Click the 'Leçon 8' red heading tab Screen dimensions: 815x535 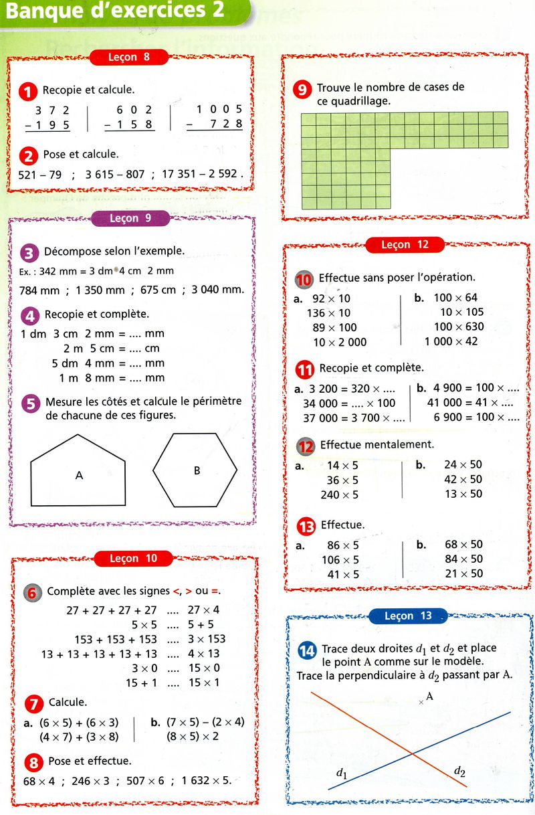[x=128, y=58]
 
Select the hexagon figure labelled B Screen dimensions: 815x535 [x=195, y=470]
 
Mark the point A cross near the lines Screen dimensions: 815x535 [x=421, y=702]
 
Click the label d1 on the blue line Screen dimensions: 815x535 [x=342, y=774]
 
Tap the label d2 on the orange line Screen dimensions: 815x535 [x=459, y=771]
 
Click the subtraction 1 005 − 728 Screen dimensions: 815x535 [x=215, y=117]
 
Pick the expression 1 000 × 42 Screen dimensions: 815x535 [x=451, y=341]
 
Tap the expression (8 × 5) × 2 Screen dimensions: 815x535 [x=198, y=737]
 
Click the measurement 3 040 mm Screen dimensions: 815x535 [x=216, y=290]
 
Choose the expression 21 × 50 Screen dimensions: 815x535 [x=463, y=573]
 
